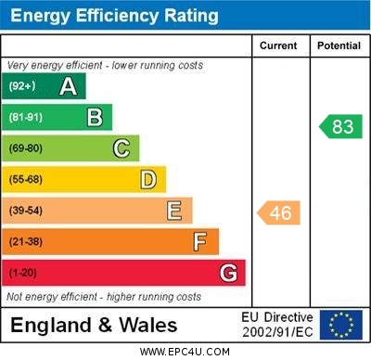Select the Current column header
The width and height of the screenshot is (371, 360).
pos(278,45)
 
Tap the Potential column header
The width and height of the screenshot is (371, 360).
pos(339,45)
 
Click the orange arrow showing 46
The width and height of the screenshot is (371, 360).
pos(278,213)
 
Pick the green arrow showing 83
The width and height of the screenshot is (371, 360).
pos(340,127)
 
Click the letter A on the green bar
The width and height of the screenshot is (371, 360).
pos(68,86)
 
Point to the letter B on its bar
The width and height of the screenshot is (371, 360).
pos(95,117)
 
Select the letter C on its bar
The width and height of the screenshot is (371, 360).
pos(121,148)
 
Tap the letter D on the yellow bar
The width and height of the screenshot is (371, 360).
pos(147,179)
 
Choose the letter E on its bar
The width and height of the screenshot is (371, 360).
pos(174,211)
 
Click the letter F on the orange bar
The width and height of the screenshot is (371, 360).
pos(200,242)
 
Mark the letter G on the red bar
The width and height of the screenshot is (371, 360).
pos(228,273)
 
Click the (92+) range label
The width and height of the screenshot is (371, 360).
pos(22,86)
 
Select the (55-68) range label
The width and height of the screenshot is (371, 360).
pos(26,179)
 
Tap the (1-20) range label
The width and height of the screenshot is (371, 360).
pos(23,273)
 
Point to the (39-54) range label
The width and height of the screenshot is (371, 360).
pos(26,211)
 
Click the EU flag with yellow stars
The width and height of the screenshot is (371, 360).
pos(340,325)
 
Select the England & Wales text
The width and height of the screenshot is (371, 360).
pos(94,325)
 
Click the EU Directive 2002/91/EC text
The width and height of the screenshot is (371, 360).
pos(276,325)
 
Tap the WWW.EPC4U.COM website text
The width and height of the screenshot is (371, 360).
pos(185,353)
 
